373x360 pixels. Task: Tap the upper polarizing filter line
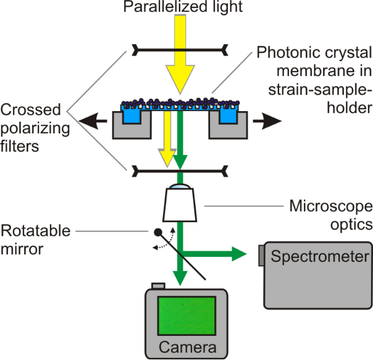click(x=180, y=48)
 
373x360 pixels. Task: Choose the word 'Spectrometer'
click(x=320, y=255)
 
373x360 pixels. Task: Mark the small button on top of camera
click(x=158, y=285)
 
